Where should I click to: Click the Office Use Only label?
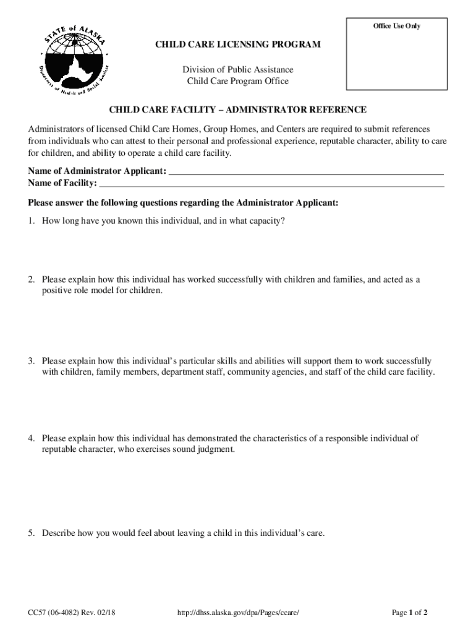point(396,26)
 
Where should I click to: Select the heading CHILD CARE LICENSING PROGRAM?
point(238,45)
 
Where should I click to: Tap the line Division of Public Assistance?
point(238,70)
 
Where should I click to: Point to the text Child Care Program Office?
point(238,82)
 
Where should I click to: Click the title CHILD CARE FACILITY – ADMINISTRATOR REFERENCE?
point(238,110)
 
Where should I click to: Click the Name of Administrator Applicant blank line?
point(306,171)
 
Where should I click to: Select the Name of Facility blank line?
point(271,183)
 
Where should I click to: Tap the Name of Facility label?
point(62,183)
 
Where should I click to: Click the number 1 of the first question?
point(31,221)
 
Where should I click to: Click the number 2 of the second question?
point(31,279)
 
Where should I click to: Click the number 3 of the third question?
point(31,360)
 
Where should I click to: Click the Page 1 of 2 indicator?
point(410,613)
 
